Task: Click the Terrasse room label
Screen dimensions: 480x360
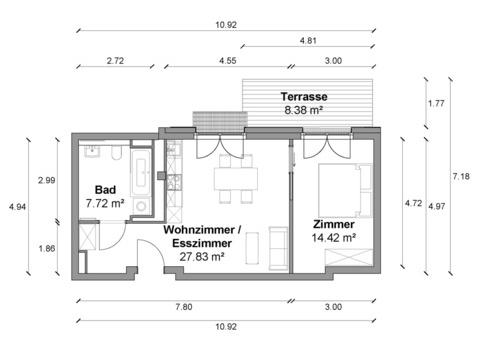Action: click(304, 97)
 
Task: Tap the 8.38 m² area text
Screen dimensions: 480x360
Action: click(303, 110)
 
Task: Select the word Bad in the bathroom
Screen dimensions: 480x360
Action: click(105, 190)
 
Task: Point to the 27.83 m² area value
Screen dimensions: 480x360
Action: click(202, 257)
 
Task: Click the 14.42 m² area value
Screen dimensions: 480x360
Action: click(334, 238)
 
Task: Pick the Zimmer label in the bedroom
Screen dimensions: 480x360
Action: click(334, 224)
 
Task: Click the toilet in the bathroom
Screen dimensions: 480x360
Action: click(116, 152)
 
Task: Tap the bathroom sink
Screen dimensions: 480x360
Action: click(92, 151)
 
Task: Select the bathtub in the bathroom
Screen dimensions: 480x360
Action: click(141, 172)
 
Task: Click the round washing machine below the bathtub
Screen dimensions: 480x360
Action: click(141, 206)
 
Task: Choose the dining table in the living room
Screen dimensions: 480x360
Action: click(236, 179)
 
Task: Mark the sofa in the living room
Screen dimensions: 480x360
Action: click(278, 248)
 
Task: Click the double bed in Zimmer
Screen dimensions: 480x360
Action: click(345, 190)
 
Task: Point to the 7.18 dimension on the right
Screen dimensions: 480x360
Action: click(461, 176)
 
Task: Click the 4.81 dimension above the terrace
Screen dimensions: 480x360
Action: click(308, 41)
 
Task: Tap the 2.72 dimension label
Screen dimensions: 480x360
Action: click(115, 61)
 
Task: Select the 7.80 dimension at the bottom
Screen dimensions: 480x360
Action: click(184, 307)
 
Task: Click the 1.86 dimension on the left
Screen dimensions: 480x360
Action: click(47, 248)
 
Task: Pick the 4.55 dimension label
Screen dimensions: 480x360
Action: click(228, 61)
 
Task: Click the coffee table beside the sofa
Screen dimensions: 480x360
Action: click(252, 248)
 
